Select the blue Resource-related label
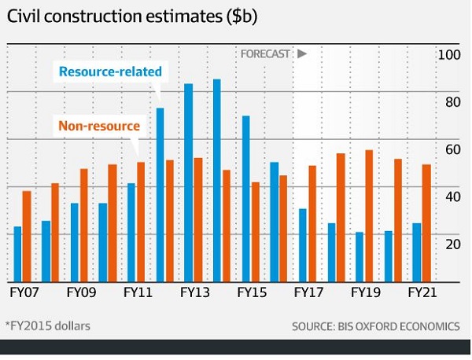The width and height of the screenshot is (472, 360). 110,72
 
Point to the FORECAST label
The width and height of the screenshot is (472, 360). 267,54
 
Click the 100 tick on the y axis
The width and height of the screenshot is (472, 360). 448,55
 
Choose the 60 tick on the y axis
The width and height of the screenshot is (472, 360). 448,149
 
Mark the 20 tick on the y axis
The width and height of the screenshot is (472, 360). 448,244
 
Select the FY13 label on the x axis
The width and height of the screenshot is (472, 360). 194,292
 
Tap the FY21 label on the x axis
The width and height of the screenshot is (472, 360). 421,292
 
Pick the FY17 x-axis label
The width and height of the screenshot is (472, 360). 308,292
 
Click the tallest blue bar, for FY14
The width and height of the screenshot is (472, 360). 217,181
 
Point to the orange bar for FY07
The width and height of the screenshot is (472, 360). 28,236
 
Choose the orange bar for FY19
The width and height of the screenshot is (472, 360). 368,215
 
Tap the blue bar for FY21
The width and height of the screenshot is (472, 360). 416,252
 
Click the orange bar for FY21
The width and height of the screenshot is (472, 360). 426,223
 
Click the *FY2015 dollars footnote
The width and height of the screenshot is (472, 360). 48,325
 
